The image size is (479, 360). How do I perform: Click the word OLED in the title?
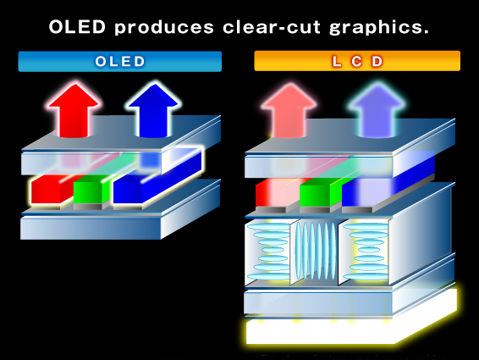click(77, 27)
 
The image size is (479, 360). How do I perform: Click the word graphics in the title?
click(379, 28)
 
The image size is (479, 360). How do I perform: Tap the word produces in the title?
click(164, 28)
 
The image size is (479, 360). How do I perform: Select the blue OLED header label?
click(120, 62)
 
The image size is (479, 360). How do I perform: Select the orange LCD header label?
click(357, 61)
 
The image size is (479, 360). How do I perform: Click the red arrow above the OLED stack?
click(74, 110)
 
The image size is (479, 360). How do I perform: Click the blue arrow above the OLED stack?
click(154, 110)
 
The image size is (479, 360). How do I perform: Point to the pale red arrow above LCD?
click(289, 111)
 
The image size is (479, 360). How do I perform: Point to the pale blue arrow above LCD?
click(377, 111)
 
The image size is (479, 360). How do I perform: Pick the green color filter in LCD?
click(317, 192)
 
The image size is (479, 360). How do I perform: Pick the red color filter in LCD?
click(275, 192)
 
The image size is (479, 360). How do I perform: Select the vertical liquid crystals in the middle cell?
click(316, 252)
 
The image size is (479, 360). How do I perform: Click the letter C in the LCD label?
click(356, 62)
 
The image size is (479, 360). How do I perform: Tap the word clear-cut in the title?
click(272, 27)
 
